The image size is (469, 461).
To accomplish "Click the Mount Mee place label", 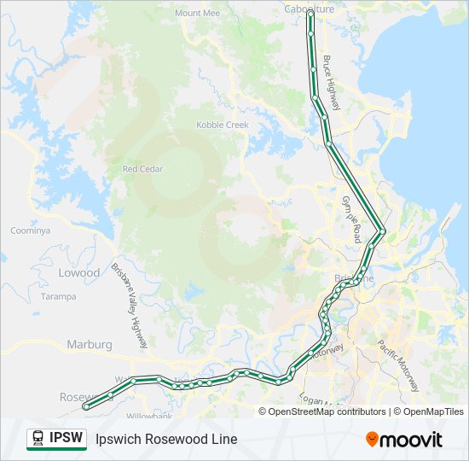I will tap(197, 14).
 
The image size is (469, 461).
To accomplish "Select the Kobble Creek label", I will tap(223, 125).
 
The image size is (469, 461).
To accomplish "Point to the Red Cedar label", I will tap(142, 169).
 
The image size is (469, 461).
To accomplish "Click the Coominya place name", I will tap(31, 230).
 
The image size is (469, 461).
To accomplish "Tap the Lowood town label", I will tap(79, 272).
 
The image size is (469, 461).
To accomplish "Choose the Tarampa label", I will tap(58, 296).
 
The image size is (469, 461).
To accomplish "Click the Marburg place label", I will tap(90, 344).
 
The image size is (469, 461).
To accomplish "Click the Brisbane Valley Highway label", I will tap(130, 305).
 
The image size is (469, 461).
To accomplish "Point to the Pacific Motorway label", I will tap(398, 365).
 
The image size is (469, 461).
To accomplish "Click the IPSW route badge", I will tap(57, 439).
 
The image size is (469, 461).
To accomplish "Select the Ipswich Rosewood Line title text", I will tap(166, 440).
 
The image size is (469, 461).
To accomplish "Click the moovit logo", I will tap(404, 440).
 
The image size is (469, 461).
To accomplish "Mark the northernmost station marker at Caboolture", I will tap(310, 15).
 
